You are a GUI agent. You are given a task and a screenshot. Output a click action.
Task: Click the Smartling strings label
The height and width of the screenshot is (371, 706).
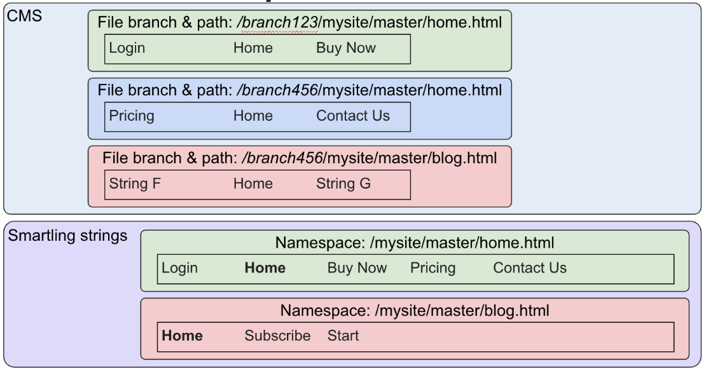pos(67,236)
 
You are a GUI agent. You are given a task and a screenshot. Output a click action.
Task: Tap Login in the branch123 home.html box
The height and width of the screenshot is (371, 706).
pos(127,48)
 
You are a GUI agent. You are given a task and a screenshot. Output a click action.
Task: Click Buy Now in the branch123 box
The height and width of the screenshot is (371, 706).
pos(345,48)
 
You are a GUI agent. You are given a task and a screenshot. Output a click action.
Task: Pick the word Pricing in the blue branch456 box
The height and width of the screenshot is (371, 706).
pos(131,116)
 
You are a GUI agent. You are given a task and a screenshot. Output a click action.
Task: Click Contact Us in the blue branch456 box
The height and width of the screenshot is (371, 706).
pos(352,116)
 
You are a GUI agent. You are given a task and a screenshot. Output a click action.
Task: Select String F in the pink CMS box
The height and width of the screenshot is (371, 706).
pos(135,184)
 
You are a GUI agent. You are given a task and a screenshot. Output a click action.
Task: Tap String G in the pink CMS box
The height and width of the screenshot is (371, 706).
pos(343,184)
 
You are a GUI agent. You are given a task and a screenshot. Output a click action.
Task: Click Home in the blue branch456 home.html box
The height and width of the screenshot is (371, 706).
pos(253,116)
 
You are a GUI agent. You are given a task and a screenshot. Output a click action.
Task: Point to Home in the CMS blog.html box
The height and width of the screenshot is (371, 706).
pos(253,184)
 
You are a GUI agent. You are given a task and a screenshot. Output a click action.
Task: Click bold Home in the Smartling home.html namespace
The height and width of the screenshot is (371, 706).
pos(265,268)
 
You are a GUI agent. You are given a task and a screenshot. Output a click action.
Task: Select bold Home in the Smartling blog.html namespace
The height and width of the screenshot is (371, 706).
pos(182,335)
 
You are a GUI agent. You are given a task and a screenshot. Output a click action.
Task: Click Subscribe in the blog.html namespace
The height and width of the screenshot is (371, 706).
pos(277,335)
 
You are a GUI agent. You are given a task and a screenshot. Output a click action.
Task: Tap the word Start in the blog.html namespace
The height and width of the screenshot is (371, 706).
pos(343,335)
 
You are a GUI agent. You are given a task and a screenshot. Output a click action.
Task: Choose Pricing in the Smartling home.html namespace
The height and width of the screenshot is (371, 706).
pos(433,268)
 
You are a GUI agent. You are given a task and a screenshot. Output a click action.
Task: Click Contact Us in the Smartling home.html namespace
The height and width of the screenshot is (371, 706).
pos(529,268)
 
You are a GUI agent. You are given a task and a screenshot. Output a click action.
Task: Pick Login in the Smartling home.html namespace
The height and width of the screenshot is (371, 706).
pos(179,268)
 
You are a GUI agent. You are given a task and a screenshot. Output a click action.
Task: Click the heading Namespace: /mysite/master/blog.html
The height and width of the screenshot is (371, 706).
pos(414,311)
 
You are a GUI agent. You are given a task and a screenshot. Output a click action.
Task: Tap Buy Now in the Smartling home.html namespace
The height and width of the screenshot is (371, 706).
pos(357,268)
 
